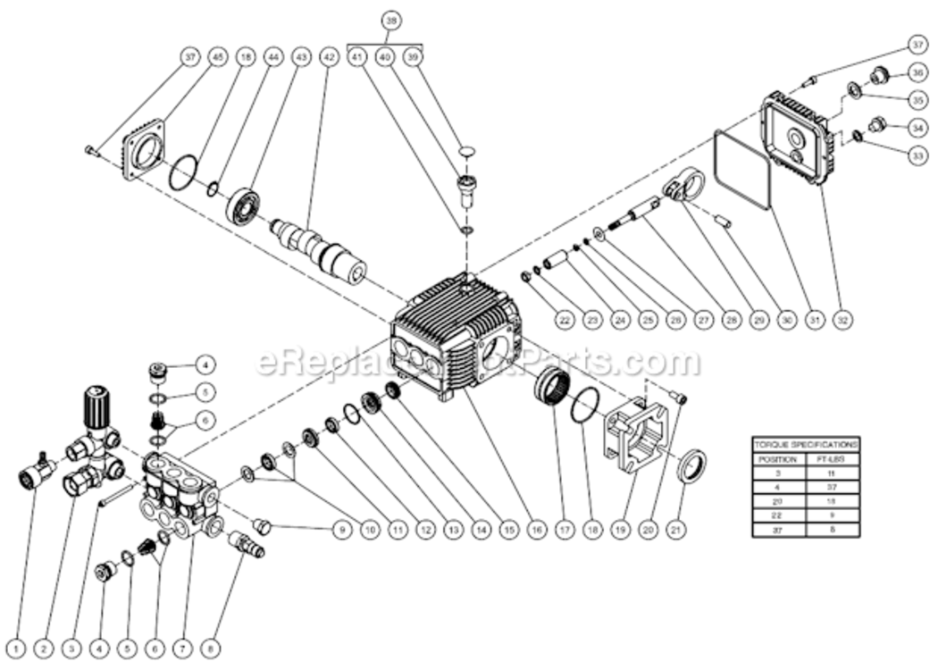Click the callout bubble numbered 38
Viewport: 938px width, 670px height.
(389, 19)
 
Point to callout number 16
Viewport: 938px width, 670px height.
(536, 529)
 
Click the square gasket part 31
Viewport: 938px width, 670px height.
(743, 170)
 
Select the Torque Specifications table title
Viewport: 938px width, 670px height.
(806, 443)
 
